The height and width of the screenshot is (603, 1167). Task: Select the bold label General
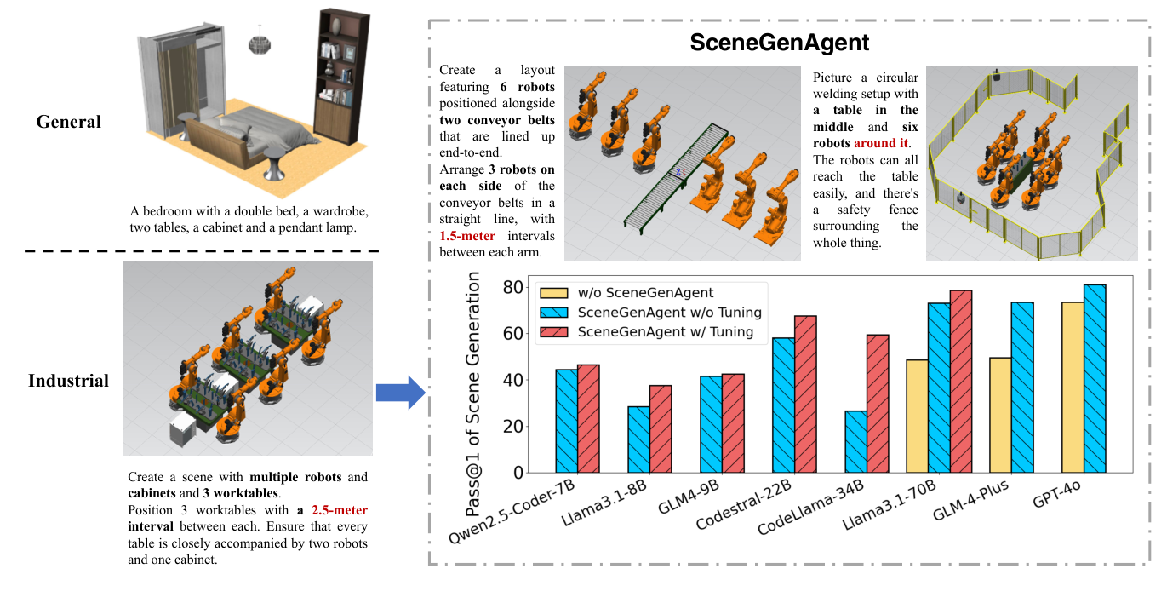coord(68,122)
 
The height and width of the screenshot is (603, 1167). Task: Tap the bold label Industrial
coord(68,381)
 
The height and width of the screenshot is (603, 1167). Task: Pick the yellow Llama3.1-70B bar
coord(917,416)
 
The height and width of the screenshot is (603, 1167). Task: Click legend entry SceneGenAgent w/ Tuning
coord(665,331)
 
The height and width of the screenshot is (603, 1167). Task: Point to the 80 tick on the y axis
coord(511,287)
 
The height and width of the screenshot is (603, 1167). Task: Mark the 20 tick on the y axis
coord(511,427)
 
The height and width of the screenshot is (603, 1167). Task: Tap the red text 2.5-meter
coord(339,510)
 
